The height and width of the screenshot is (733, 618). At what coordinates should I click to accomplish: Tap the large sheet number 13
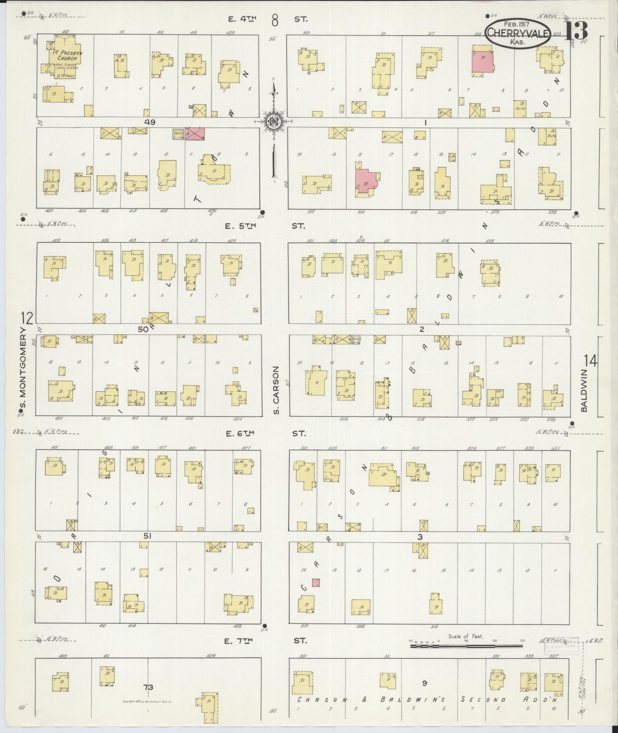(576, 30)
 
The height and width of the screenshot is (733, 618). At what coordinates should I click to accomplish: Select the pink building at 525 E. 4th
(482, 61)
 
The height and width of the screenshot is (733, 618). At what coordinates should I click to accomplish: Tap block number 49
(150, 122)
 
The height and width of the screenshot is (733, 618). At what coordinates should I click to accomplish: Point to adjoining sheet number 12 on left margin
(27, 318)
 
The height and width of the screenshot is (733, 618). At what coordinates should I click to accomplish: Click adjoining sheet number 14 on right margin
(590, 361)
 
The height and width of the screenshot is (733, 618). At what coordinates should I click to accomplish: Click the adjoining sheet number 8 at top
(275, 20)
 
